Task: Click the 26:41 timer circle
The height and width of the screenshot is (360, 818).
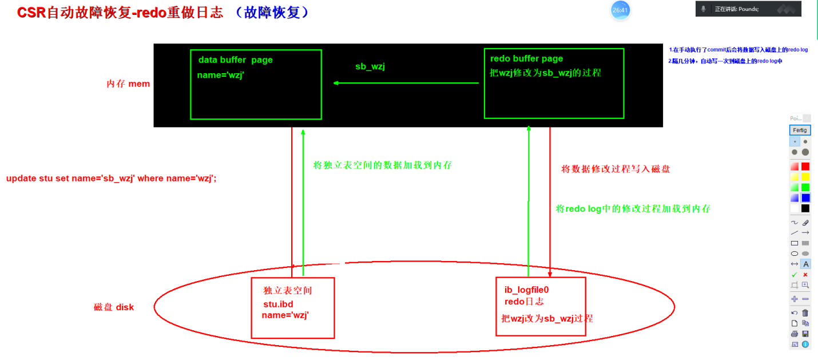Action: [x=620, y=10]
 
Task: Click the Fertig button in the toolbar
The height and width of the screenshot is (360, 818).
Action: [x=799, y=130]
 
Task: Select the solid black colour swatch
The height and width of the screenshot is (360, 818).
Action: [x=805, y=208]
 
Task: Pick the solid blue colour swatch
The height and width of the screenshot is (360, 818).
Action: [x=805, y=198]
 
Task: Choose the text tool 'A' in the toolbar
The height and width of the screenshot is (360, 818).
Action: [x=805, y=264]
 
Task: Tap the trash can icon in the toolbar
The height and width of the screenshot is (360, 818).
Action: [x=805, y=313]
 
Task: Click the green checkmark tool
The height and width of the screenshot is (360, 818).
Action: [x=794, y=275]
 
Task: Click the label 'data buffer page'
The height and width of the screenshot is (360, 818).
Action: [x=235, y=60]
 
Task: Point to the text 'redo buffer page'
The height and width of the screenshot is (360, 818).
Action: [x=526, y=58]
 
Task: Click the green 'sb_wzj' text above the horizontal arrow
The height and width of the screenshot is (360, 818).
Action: [x=370, y=66]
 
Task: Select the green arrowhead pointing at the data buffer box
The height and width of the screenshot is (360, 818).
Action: [x=337, y=83]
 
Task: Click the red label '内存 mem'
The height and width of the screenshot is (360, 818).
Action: [x=128, y=84]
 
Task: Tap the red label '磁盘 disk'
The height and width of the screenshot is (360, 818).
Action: [x=113, y=307]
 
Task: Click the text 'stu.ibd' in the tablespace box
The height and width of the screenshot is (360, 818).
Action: [x=278, y=304]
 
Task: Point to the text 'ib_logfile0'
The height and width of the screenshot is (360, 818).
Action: [x=526, y=290]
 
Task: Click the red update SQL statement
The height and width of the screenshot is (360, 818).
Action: [x=111, y=178]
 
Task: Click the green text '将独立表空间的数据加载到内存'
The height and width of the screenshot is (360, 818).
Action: [x=383, y=165]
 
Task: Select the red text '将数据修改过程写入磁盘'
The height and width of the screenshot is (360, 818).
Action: [x=616, y=169]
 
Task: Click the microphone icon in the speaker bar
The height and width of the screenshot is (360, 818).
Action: [x=704, y=9]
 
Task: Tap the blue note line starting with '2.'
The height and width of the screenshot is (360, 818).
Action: [x=725, y=61]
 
